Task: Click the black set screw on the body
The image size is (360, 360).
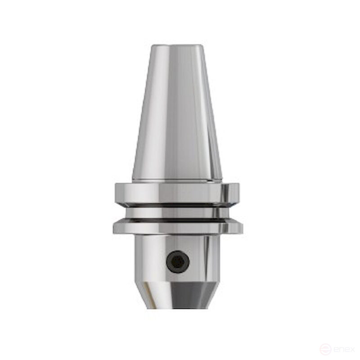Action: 177,261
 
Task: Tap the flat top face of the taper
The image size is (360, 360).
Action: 176,45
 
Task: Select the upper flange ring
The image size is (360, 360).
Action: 176,193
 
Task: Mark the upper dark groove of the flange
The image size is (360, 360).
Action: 177,205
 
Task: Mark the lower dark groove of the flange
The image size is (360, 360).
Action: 177,220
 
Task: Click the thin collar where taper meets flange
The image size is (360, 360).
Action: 176,181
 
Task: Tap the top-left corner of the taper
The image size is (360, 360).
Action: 153,46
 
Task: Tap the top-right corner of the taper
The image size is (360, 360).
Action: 201,46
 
